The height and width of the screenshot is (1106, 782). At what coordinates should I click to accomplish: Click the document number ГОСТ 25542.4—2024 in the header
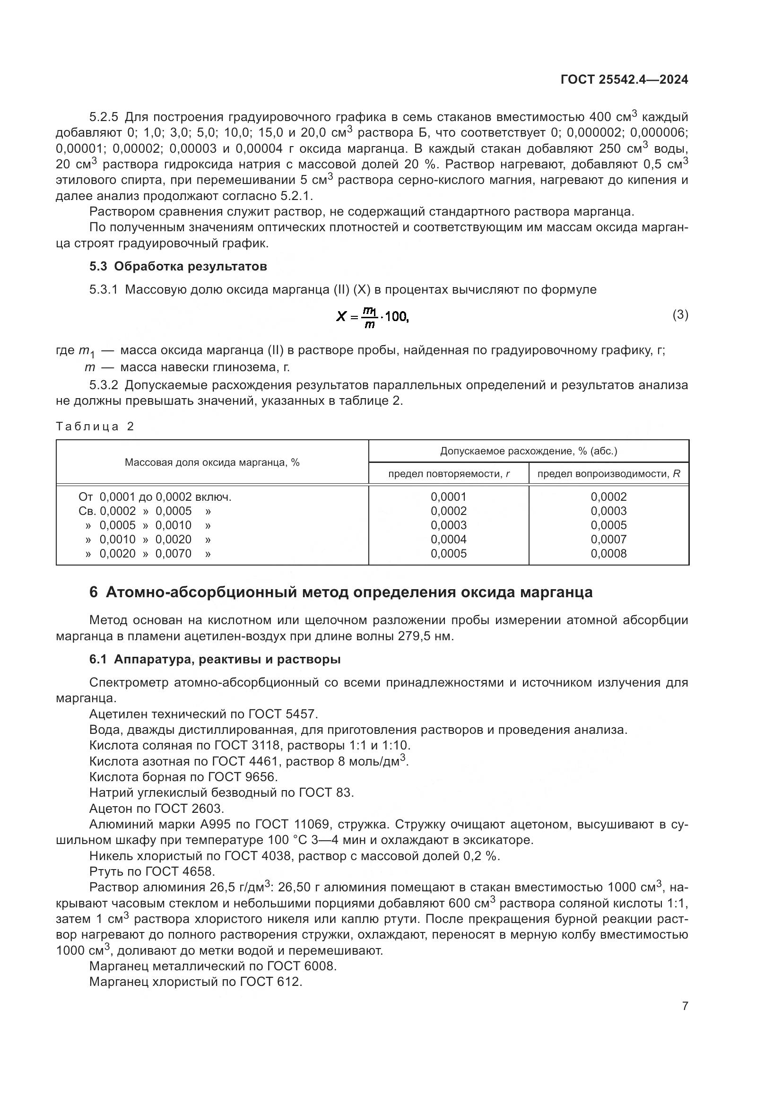[624, 80]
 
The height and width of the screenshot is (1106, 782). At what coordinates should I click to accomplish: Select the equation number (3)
[680, 315]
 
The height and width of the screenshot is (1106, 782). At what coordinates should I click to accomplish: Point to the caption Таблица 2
[95, 427]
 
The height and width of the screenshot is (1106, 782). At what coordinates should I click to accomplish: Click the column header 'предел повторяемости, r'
[449, 474]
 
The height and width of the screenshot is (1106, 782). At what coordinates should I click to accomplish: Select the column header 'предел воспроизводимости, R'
[608, 474]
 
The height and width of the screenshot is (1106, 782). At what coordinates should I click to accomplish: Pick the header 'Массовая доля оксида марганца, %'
[212, 462]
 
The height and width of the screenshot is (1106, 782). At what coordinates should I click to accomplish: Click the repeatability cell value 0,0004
[448, 540]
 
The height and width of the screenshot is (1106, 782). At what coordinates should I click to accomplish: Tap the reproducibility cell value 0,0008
[608, 554]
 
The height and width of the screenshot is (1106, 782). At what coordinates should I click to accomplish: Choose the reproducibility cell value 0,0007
[608, 540]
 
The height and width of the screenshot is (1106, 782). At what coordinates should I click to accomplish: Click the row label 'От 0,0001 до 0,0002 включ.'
[155, 496]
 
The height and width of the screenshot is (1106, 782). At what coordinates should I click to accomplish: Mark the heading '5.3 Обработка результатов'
[178, 266]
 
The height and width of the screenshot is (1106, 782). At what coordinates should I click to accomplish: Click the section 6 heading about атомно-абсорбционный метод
[341, 592]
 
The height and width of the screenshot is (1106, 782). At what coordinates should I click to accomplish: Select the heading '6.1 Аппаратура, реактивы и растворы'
[215, 660]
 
